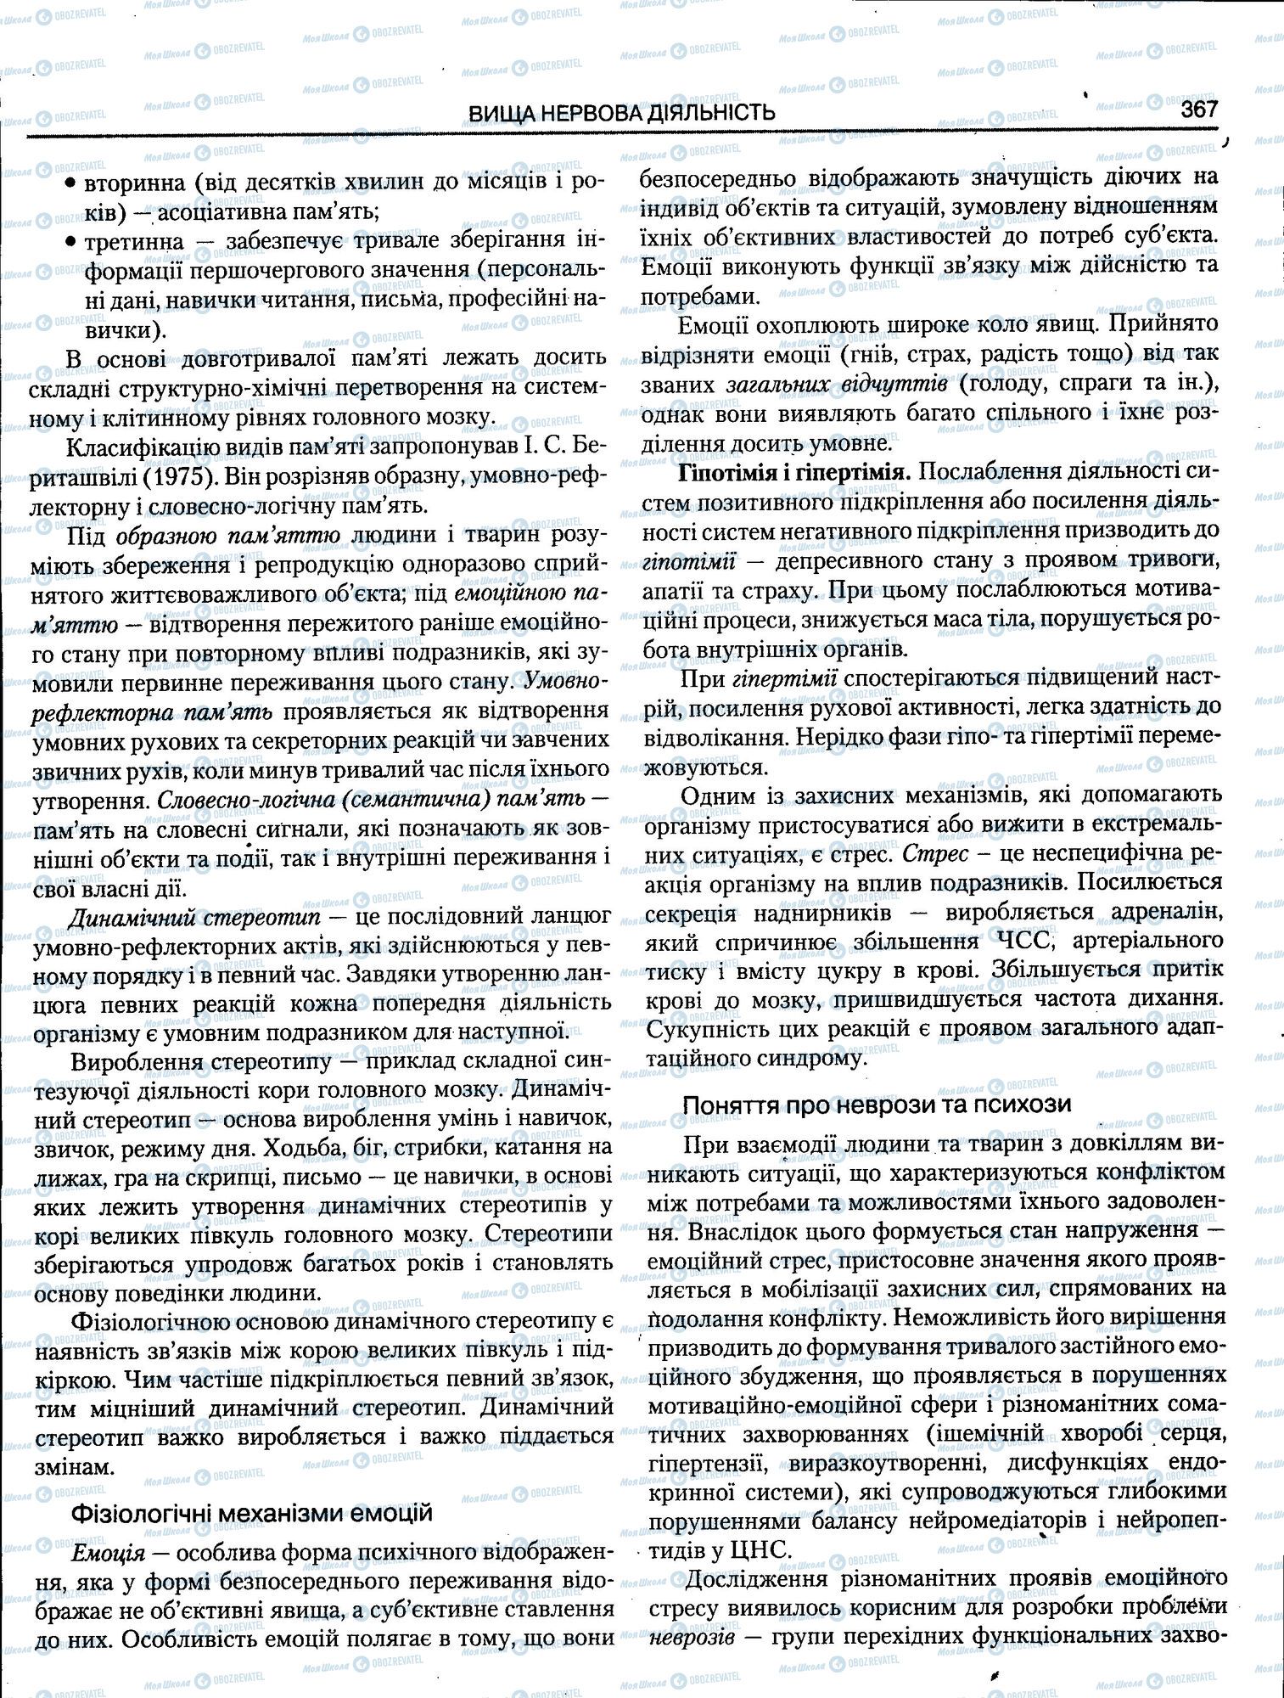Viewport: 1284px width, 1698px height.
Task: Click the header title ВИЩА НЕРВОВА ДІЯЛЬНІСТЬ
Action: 621,112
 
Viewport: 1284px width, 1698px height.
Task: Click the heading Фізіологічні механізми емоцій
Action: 251,1513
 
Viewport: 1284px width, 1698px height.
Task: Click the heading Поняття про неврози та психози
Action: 877,1104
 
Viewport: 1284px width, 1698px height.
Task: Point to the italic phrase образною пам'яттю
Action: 227,536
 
